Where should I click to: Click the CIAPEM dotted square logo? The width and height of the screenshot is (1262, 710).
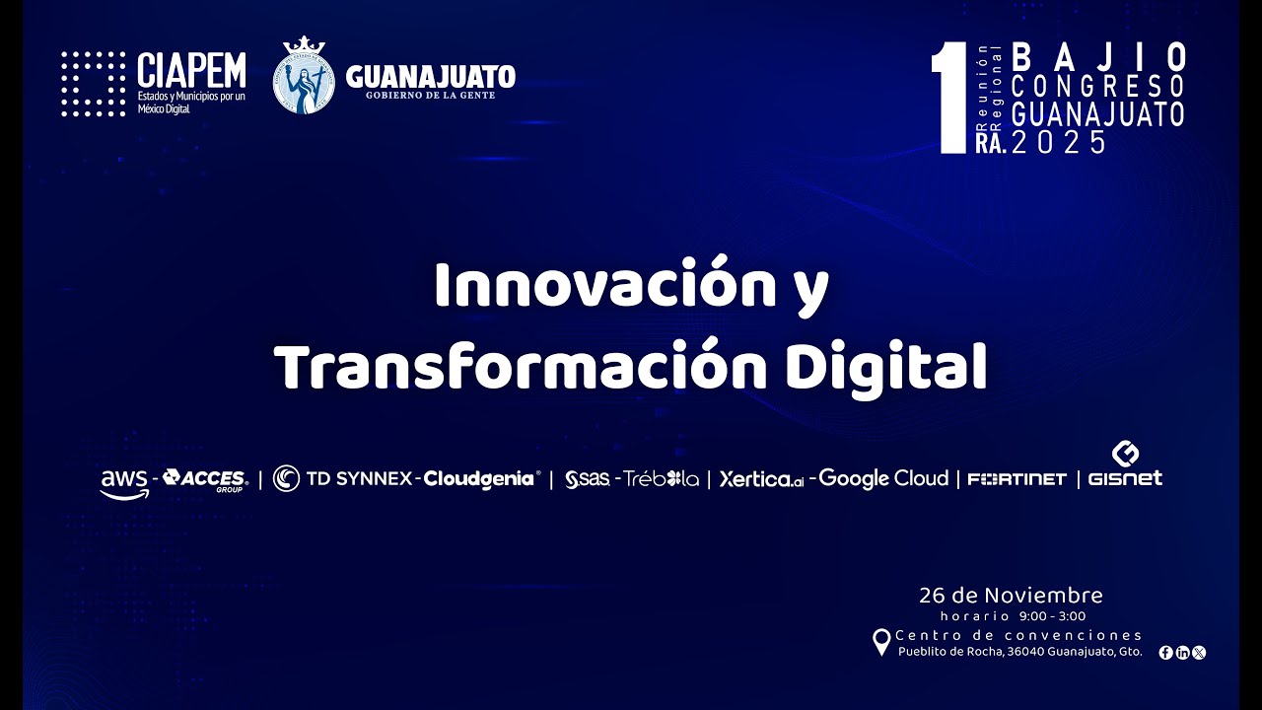point(93,84)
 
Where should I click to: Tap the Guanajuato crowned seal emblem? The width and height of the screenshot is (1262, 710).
point(304,76)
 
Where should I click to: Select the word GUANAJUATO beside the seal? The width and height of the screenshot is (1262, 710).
point(431,75)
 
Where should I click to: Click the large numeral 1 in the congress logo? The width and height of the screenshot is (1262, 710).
point(952,99)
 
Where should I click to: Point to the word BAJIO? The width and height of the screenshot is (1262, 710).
point(1098,57)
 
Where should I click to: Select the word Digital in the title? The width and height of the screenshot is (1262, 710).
point(886,367)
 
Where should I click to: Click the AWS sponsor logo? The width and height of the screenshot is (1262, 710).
point(124,482)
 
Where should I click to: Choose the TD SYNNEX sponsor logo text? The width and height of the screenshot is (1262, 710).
point(359,479)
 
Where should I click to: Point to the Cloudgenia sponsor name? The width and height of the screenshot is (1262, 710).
point(480,479)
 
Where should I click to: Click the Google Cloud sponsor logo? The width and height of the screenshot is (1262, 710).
point(883,478)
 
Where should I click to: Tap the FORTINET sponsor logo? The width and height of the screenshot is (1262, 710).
point(1017,479)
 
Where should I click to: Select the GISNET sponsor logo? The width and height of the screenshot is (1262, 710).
point(1125,466)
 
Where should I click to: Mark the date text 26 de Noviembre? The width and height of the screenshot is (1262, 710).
point(1011,595)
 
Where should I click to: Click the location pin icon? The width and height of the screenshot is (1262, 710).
point(882,642)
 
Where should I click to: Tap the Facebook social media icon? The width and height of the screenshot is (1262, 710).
point(1165,652)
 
